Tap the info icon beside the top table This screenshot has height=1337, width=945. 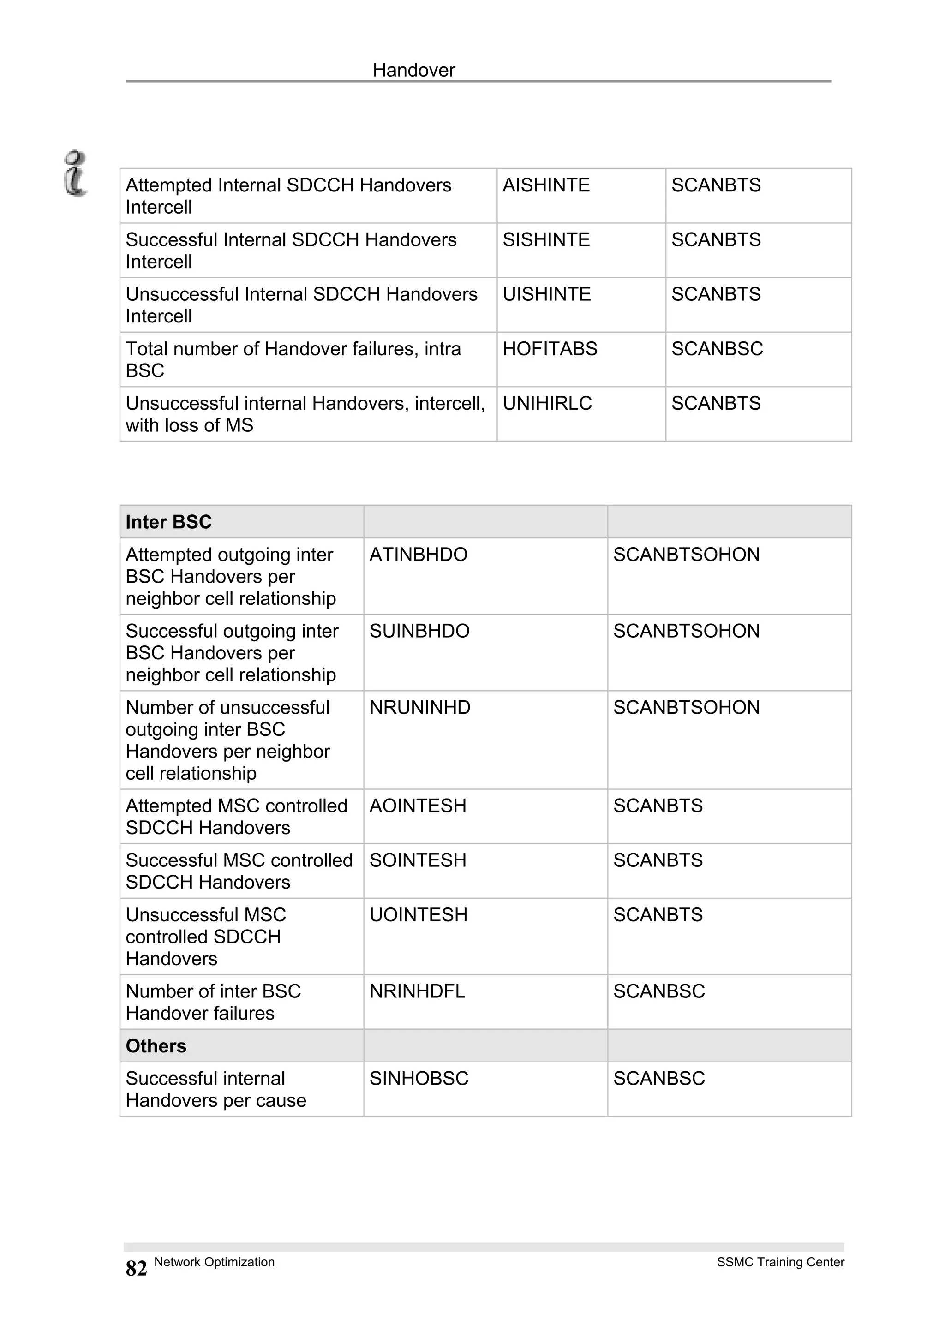76,173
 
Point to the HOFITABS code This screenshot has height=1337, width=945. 550,349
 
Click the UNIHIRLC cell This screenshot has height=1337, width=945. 547,404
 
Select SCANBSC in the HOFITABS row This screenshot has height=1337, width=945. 717,349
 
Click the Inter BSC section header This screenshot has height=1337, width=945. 168,522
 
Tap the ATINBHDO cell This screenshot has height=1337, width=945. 418,555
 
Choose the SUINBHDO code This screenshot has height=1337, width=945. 419,631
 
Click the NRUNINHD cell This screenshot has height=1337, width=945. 420,708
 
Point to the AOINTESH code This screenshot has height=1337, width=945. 418,806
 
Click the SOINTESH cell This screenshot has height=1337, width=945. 418,861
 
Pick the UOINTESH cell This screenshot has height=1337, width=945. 418,915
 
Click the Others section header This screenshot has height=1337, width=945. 156,1046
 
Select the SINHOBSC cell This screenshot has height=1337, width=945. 419,1079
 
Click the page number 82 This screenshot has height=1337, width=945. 136,1268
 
